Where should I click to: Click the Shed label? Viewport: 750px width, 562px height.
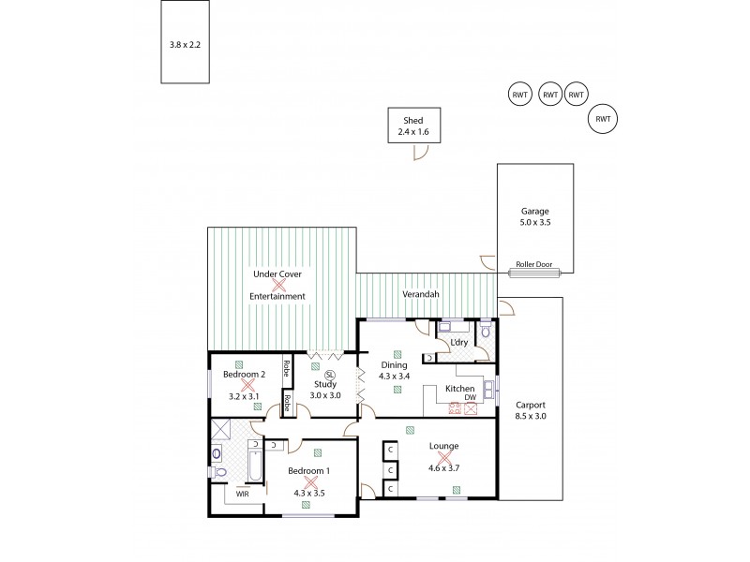413,121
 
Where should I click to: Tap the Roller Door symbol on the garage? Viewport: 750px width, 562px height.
535,273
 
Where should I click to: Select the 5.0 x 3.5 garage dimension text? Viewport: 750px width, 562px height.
534,223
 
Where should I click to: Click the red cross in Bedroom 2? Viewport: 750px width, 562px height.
247,385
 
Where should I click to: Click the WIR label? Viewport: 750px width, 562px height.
243,493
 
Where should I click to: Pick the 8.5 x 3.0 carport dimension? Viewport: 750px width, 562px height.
531,416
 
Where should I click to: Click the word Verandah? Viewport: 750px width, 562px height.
421,293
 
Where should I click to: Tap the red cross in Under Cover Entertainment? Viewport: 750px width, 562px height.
277,285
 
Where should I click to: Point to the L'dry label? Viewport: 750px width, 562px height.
458,343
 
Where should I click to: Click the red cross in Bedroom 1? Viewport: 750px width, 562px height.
311,481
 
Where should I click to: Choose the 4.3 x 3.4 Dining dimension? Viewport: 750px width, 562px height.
395,377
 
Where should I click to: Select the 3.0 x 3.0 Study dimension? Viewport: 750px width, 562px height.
325,395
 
